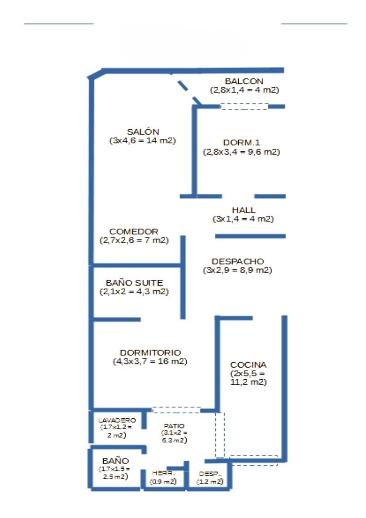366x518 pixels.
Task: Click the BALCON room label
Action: [x=244, y=81]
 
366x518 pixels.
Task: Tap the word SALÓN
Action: [x=143, y=131]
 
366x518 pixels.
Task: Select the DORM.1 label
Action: [x=242, y=143]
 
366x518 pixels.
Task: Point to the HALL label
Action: [x=244, y=210]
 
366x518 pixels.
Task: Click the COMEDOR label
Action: [x=134, y=232]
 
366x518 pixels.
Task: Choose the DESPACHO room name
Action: [x=238, y=262]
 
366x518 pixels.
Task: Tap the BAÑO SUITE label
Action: [x=134, y=283]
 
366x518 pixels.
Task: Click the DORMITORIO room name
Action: [x=150, y=352]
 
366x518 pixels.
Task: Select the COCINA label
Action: [x=248, y=364]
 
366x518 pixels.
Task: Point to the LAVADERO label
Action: [x=117, y=420]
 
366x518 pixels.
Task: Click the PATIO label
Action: [x=174, y=426]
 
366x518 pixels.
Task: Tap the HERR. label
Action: [x=163, y=474]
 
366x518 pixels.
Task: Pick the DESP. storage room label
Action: [x=210, y=474]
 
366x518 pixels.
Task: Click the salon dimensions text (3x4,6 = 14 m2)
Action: [x=143, y=141]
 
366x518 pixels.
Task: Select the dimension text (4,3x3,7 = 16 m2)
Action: [x=150, y=362]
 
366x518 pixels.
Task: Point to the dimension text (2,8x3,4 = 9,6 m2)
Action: [x=242, y=152]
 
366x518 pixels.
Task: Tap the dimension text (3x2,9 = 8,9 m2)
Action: [x=238, y=271]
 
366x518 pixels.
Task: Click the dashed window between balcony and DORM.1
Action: [x=244, y=106]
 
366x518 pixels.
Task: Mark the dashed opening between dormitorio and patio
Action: [x=176, y=410]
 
